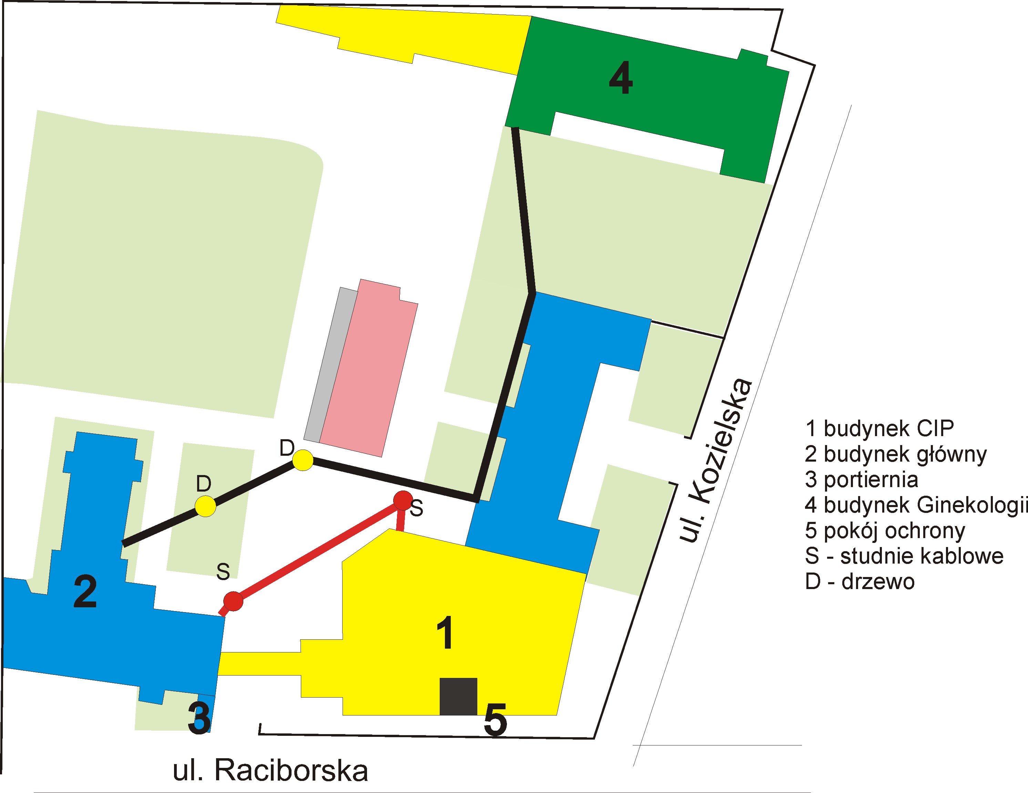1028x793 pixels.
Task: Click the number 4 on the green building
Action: point(620,79)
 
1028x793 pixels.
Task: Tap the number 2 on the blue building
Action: point(85,592)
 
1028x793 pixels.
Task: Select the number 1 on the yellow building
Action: point(445,633)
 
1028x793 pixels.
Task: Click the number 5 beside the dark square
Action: point(495,720)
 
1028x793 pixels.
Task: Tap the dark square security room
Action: point(458,697)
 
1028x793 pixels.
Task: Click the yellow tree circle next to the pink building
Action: point(303,460)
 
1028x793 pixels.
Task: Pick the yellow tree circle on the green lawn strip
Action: point(206,506)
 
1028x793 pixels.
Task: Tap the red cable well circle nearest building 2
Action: point(233,601)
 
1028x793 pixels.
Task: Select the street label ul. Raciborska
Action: point(271,771)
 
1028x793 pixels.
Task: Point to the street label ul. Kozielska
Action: point(715,461)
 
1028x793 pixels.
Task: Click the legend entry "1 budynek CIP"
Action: point(879,428)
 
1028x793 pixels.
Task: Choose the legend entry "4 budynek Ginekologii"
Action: point(916,505)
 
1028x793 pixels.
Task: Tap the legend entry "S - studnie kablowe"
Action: point(904,556)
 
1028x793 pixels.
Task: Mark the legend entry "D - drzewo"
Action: point(859,582)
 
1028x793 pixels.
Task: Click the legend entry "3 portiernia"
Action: point(861,480)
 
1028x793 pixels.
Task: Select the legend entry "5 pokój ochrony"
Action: point(885,531)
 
